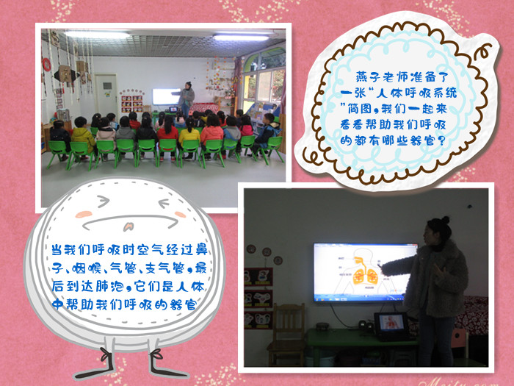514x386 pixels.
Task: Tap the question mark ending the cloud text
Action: [x=441, y=141]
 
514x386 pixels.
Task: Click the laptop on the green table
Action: [x=391, y=326]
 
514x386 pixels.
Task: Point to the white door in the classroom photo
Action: [x=106, y=94]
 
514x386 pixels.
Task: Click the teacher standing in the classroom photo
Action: [x=187, y=99]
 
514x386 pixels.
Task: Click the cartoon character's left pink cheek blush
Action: [x=84, y=215]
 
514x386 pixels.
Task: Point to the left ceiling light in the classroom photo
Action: [x=98, y=35]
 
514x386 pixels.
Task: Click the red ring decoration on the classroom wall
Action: [x=46, y=65]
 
